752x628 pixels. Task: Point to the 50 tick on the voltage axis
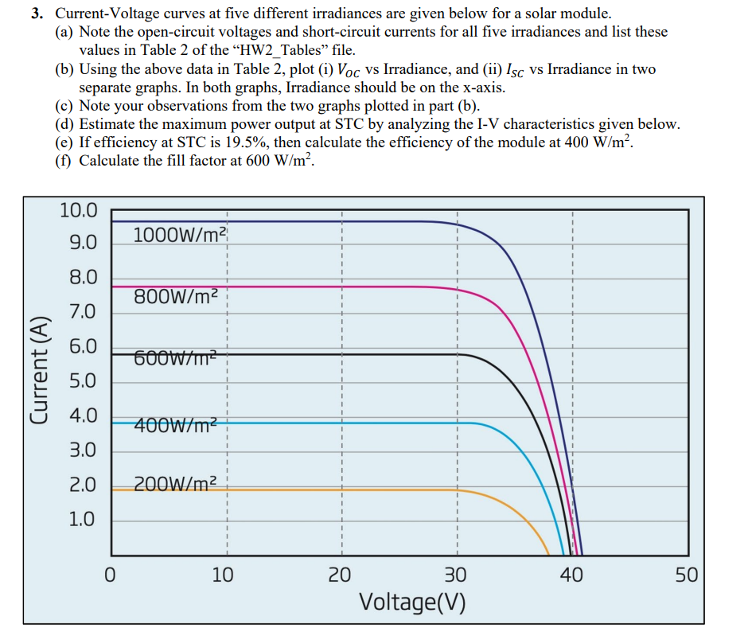point(687,575)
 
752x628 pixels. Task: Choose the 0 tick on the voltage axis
point(112,575)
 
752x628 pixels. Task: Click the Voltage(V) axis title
point(412,602)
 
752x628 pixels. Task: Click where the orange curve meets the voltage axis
point(549,554)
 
